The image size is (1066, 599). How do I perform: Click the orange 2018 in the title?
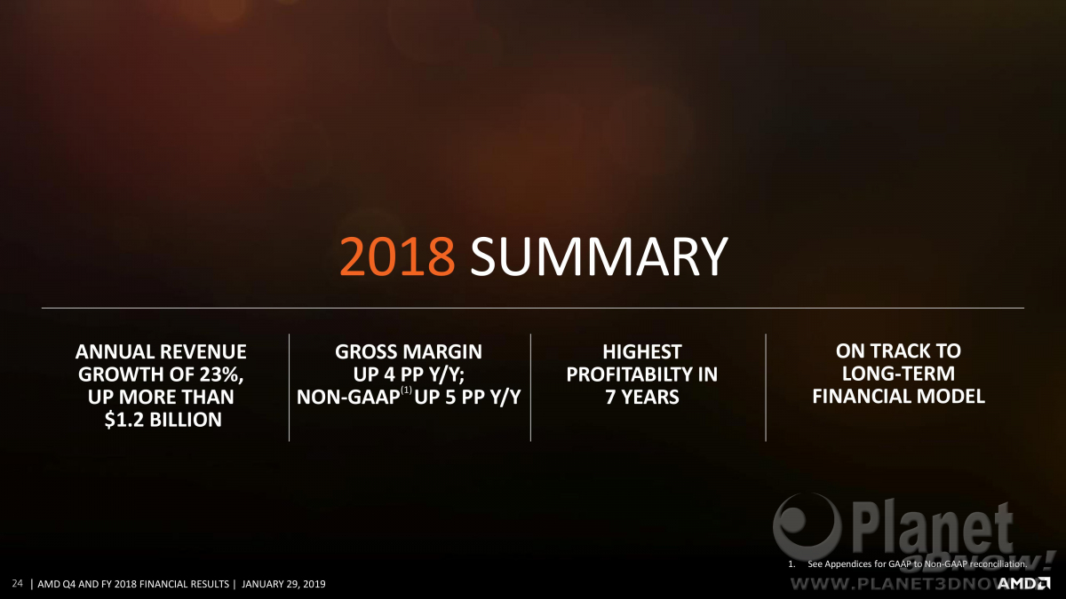point(397,256)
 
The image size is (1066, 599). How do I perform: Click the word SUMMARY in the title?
point(599,256)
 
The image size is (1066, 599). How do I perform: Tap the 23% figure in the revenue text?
point(221,374)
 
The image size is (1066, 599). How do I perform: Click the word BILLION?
point(186,420)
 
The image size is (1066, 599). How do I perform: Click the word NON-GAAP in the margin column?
point(348,397)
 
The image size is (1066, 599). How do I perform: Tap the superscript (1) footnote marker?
point(407,390)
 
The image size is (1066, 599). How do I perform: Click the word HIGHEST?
point(642,351)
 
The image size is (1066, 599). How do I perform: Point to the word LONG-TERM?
point(898,374)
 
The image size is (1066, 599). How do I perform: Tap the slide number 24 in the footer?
point(17,583)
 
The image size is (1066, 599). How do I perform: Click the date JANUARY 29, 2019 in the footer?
point(283,584)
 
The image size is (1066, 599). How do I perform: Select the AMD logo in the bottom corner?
point(1023,583)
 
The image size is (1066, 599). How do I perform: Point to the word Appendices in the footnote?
point(848,564)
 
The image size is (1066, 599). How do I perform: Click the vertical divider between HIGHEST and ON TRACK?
point(766,388)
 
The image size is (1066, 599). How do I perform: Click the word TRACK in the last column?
point(897,351)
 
